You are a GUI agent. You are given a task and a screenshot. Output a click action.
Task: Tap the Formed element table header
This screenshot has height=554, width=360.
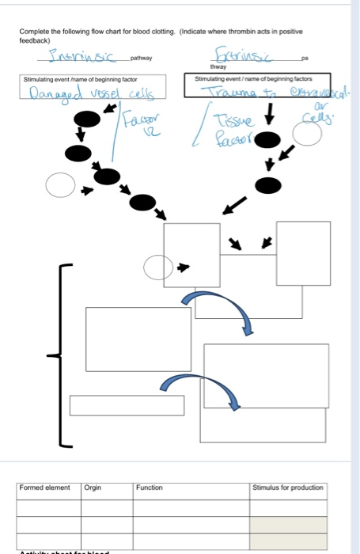[x=45, y=488]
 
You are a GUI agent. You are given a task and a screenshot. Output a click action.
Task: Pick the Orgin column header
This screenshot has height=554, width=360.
[x=93, y=488]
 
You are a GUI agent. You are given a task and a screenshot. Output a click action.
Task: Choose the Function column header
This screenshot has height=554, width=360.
[x=150, y=488]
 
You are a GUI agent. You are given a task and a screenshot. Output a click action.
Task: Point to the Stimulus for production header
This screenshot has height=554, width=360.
[x=288, y=488]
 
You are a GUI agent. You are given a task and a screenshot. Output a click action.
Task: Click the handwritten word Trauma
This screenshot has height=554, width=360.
[x=229, y=95]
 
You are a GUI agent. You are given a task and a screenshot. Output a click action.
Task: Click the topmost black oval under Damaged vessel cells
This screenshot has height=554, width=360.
[x=85, y=119]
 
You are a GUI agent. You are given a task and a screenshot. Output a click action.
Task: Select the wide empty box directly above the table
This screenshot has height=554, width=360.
[x=127, y=405]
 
